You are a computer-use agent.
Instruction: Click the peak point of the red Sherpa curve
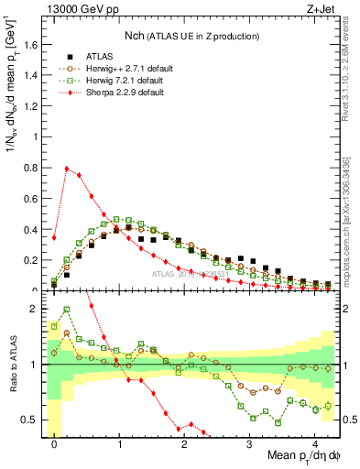point(67,169)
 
